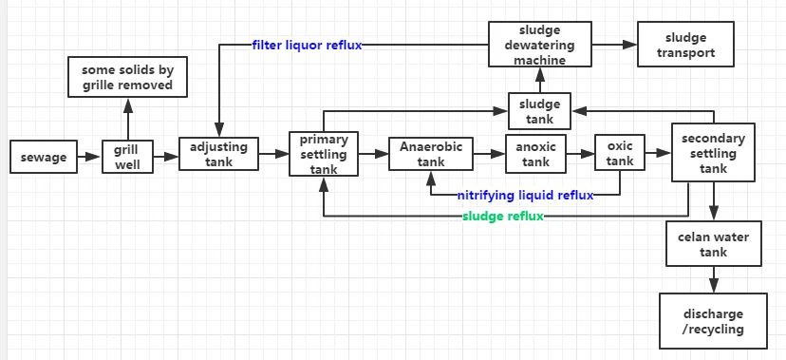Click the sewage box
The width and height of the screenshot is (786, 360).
coord(44,157)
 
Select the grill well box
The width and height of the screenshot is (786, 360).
coord(126,157)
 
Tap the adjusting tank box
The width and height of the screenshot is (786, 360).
coord(218,154)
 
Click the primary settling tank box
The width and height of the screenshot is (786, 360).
coord(324,154)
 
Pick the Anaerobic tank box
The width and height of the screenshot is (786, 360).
coord(430,154)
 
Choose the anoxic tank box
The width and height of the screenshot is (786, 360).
coord(536,153)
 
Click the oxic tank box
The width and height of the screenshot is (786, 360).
coord(620,153)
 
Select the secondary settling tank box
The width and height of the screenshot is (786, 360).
coord(714,153)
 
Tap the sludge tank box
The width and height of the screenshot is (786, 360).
coord(539,111)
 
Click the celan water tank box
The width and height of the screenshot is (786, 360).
coord(713,244)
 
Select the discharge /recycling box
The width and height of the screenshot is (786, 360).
coord(713,321)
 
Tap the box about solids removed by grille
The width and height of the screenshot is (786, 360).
coord(126,77)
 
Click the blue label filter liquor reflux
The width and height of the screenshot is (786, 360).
coord(307,45)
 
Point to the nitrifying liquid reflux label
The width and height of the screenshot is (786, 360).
coord(525,195)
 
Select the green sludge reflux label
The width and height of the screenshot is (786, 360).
coord(503,217)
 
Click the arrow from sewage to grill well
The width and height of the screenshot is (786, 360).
coord(90,157)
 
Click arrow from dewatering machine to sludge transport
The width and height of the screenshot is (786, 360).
coord(615,45)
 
